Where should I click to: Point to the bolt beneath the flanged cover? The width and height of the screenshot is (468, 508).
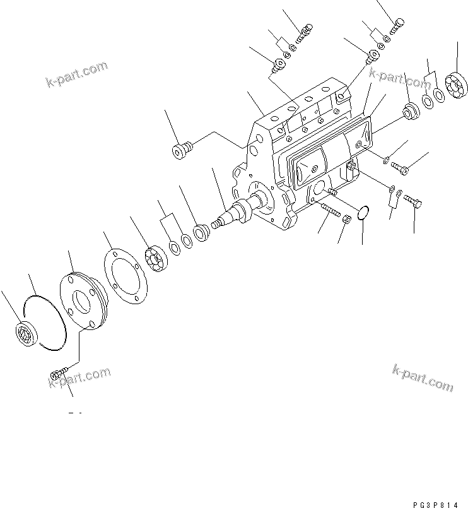pos(57,376)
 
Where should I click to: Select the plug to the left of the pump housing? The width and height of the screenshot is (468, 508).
pos(180,152)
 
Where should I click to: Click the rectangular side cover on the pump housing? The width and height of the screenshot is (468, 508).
pos(328,151)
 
